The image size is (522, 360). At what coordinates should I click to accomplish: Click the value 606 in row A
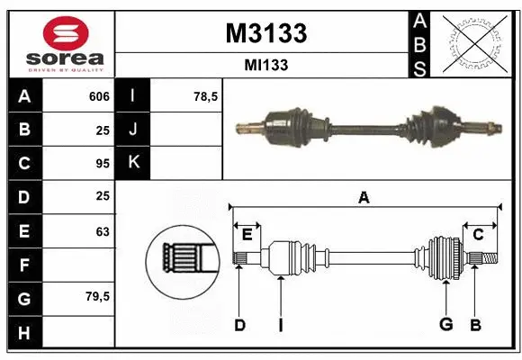99,96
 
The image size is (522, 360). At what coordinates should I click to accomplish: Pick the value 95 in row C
103,164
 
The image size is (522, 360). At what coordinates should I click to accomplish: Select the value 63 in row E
103,231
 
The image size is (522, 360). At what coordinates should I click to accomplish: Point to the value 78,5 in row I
206,96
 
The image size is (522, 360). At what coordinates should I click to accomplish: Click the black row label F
23,265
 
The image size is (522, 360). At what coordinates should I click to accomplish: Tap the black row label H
23,332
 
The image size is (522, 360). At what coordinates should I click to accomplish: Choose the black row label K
133,163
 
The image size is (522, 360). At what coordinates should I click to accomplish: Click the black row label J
133,130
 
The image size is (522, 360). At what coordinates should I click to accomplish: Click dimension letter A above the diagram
364,197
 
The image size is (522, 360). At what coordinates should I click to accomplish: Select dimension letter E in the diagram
247,234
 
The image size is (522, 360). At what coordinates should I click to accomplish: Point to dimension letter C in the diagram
478,234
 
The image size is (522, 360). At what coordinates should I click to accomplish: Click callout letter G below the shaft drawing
444,324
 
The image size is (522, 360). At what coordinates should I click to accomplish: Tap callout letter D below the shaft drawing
239,324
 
